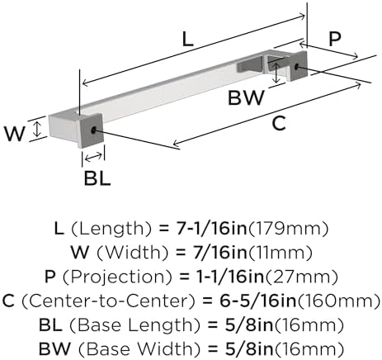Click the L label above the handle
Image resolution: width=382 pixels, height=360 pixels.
pos(188,39)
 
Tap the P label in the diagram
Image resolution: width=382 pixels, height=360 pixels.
pos(335,39)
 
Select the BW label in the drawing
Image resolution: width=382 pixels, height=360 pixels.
pos(246,97)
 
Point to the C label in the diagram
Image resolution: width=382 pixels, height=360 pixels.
pos(279,123)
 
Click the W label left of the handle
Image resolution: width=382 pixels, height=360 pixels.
pos(15,134)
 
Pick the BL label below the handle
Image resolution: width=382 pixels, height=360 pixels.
pos(97,178)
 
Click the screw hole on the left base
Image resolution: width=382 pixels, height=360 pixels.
pos(94,130)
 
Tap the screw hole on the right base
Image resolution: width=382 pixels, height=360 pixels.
pos(297,66)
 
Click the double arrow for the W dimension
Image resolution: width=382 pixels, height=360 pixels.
pos(36,130)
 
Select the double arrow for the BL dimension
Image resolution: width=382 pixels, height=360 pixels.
pos(93,157)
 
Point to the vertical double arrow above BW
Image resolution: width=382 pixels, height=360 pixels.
pos(276,71)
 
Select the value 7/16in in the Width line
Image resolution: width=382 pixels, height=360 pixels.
pos(220,253)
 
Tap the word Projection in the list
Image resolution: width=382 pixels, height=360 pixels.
pos(117,277)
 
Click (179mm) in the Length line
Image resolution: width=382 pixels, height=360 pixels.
pos(288,229)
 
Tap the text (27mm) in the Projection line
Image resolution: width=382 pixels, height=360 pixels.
pos(301,277)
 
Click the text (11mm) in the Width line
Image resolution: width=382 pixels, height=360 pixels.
pos(280,253)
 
